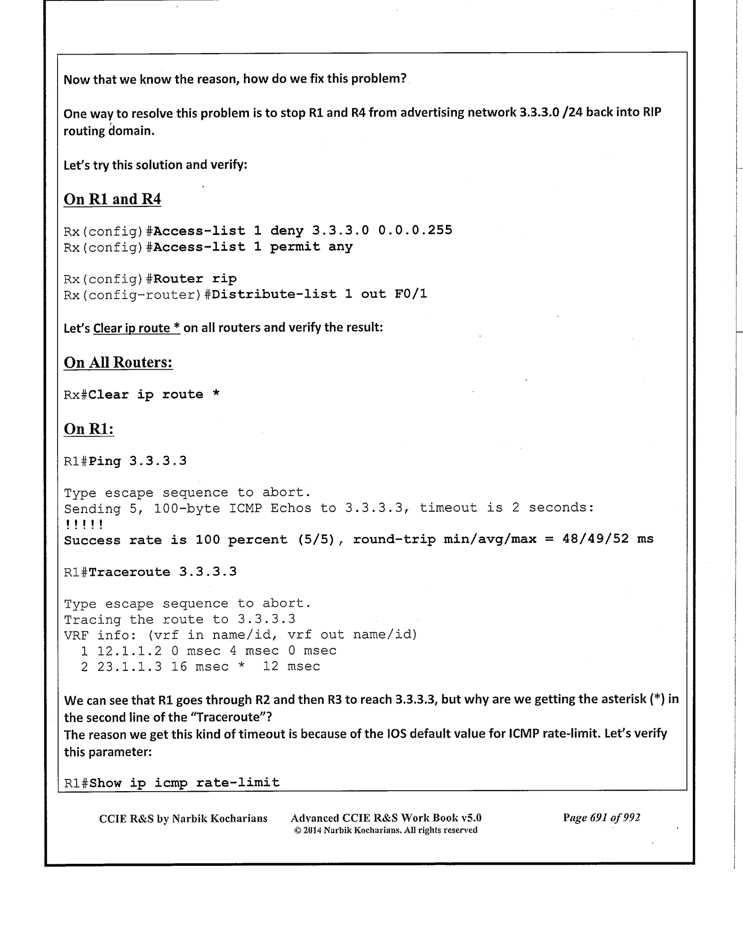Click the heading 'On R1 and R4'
coord(112,199)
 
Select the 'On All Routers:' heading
coord(118,362)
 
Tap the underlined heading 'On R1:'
coord(89,429)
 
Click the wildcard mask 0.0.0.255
coord(415,230)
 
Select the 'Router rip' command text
coord(195,279)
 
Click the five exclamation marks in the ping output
coord(84,525)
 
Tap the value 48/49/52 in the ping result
coord(596,540)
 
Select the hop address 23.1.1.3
coord(129,667)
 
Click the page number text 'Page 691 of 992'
coord(601,818)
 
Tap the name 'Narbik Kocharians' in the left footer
coord(219,819)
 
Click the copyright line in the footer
coord(385,830)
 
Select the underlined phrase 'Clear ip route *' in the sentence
coord(136,328)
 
